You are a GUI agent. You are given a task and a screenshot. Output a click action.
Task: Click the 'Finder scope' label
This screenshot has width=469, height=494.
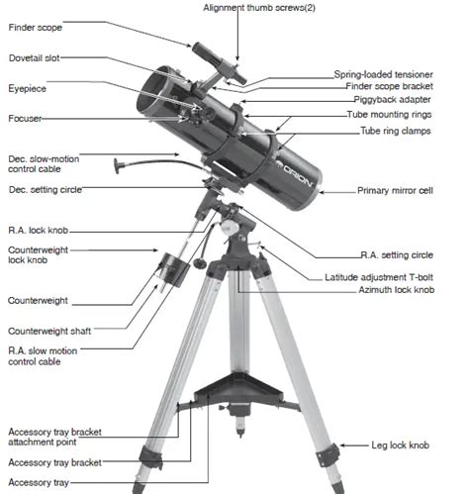(x=36, y=28)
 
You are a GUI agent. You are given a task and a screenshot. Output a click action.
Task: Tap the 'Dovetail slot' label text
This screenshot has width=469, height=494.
(x=36, y=58)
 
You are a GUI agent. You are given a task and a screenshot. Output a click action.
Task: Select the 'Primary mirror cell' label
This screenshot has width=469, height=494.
(x=403, y=190)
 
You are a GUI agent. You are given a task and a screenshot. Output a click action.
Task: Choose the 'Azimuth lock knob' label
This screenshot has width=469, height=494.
(x=393, y=290)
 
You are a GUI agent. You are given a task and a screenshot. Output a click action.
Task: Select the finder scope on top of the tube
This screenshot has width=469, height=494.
(x=213, y=57)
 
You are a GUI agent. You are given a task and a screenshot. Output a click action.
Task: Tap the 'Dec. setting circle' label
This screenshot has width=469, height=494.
(x=45, y=189)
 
